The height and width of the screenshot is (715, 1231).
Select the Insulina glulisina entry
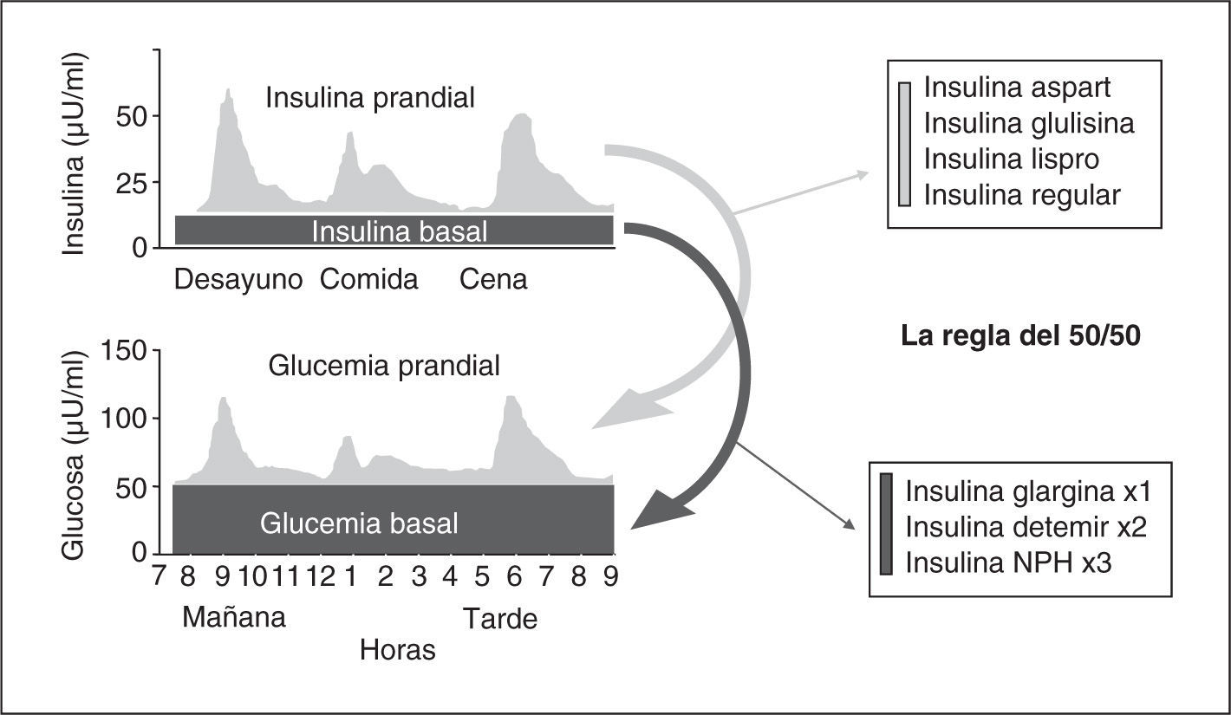point(1028,123)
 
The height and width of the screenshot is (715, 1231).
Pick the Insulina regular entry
point(1021,195)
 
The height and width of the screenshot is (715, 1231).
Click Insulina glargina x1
point(1027,491)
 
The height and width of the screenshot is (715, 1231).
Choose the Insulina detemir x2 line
point(1026,526)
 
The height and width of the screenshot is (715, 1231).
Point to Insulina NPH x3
point(1008,562)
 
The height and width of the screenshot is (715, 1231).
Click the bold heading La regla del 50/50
point(1020,336)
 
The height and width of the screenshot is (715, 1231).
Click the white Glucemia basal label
point(359,523)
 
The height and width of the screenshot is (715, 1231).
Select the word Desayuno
point(238,280)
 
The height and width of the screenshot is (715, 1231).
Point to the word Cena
point(493,280)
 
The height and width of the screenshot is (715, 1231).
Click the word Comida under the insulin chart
point(368,280)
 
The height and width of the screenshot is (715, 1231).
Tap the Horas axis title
point(397,650)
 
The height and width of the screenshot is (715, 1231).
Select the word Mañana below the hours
point(233,618)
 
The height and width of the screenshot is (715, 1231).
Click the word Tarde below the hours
point(499,619)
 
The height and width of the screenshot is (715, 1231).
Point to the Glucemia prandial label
point(384,366)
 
